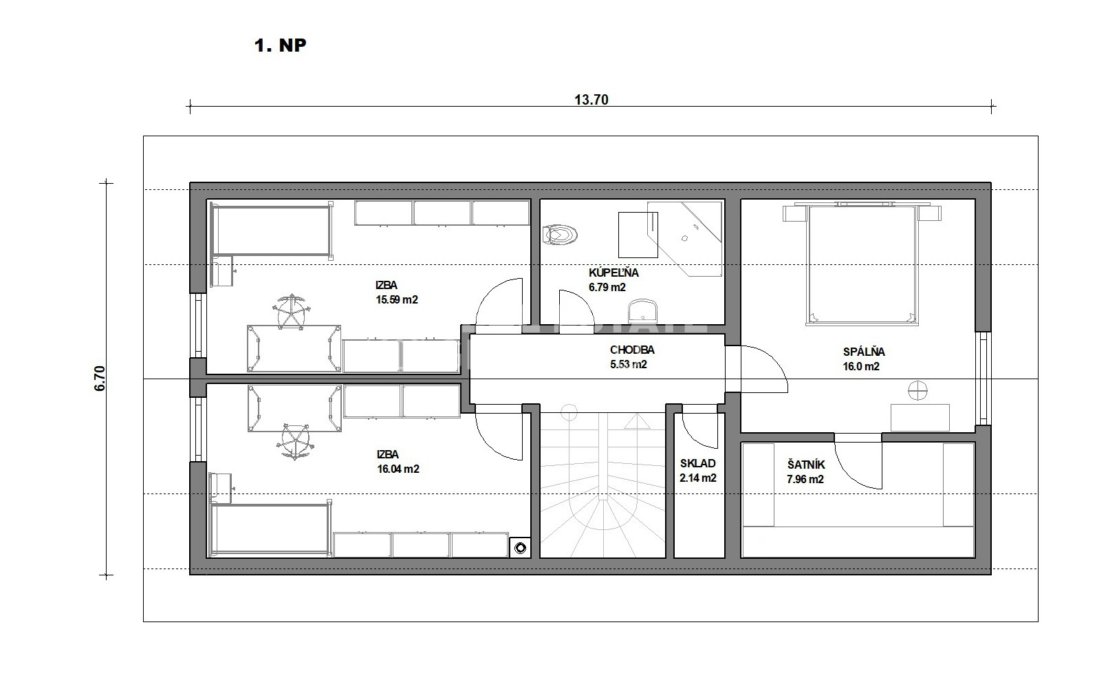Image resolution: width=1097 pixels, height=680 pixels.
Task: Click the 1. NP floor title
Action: (x=280, y=45)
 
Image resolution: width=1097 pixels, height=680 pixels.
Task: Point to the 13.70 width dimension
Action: (x=591, y=100)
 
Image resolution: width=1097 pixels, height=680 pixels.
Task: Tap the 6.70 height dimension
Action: (x=100, y=379)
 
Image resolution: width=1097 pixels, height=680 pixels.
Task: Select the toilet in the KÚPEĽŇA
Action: (x=560, y=235)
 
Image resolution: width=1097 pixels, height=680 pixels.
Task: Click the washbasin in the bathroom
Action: (x=642, y=311)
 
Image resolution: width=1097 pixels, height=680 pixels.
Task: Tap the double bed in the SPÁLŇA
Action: (x=862, y=264)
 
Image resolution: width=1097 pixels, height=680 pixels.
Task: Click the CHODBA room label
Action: (x=632, y=350)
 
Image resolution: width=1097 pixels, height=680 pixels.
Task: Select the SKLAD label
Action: (x=698, y=463)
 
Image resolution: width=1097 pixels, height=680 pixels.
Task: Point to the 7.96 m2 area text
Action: (x=805, y=479)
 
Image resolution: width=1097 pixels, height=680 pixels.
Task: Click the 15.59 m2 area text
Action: (x=397, y=299)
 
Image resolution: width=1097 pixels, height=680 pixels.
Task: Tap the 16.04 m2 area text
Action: (x=398, y=469)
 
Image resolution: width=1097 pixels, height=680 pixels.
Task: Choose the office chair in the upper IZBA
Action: (x=292, y=311)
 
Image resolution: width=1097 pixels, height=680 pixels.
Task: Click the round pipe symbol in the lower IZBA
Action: (x=521, y=549)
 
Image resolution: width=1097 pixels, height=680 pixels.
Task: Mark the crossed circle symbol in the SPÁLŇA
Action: (x=917, y=390)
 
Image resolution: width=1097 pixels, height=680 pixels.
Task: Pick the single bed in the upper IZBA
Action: (x=272, y=231)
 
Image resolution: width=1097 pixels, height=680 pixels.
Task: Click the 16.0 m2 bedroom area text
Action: (x=861, y=366)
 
